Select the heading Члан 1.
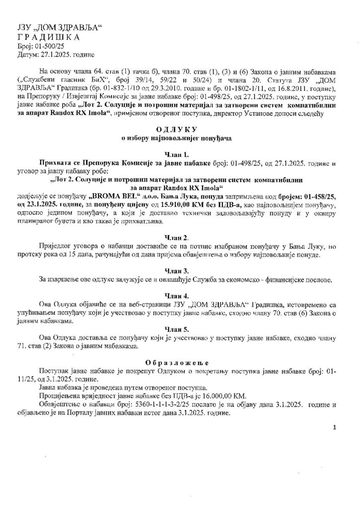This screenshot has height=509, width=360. pos(180,154)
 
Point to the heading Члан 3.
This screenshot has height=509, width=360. pos(180,271)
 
